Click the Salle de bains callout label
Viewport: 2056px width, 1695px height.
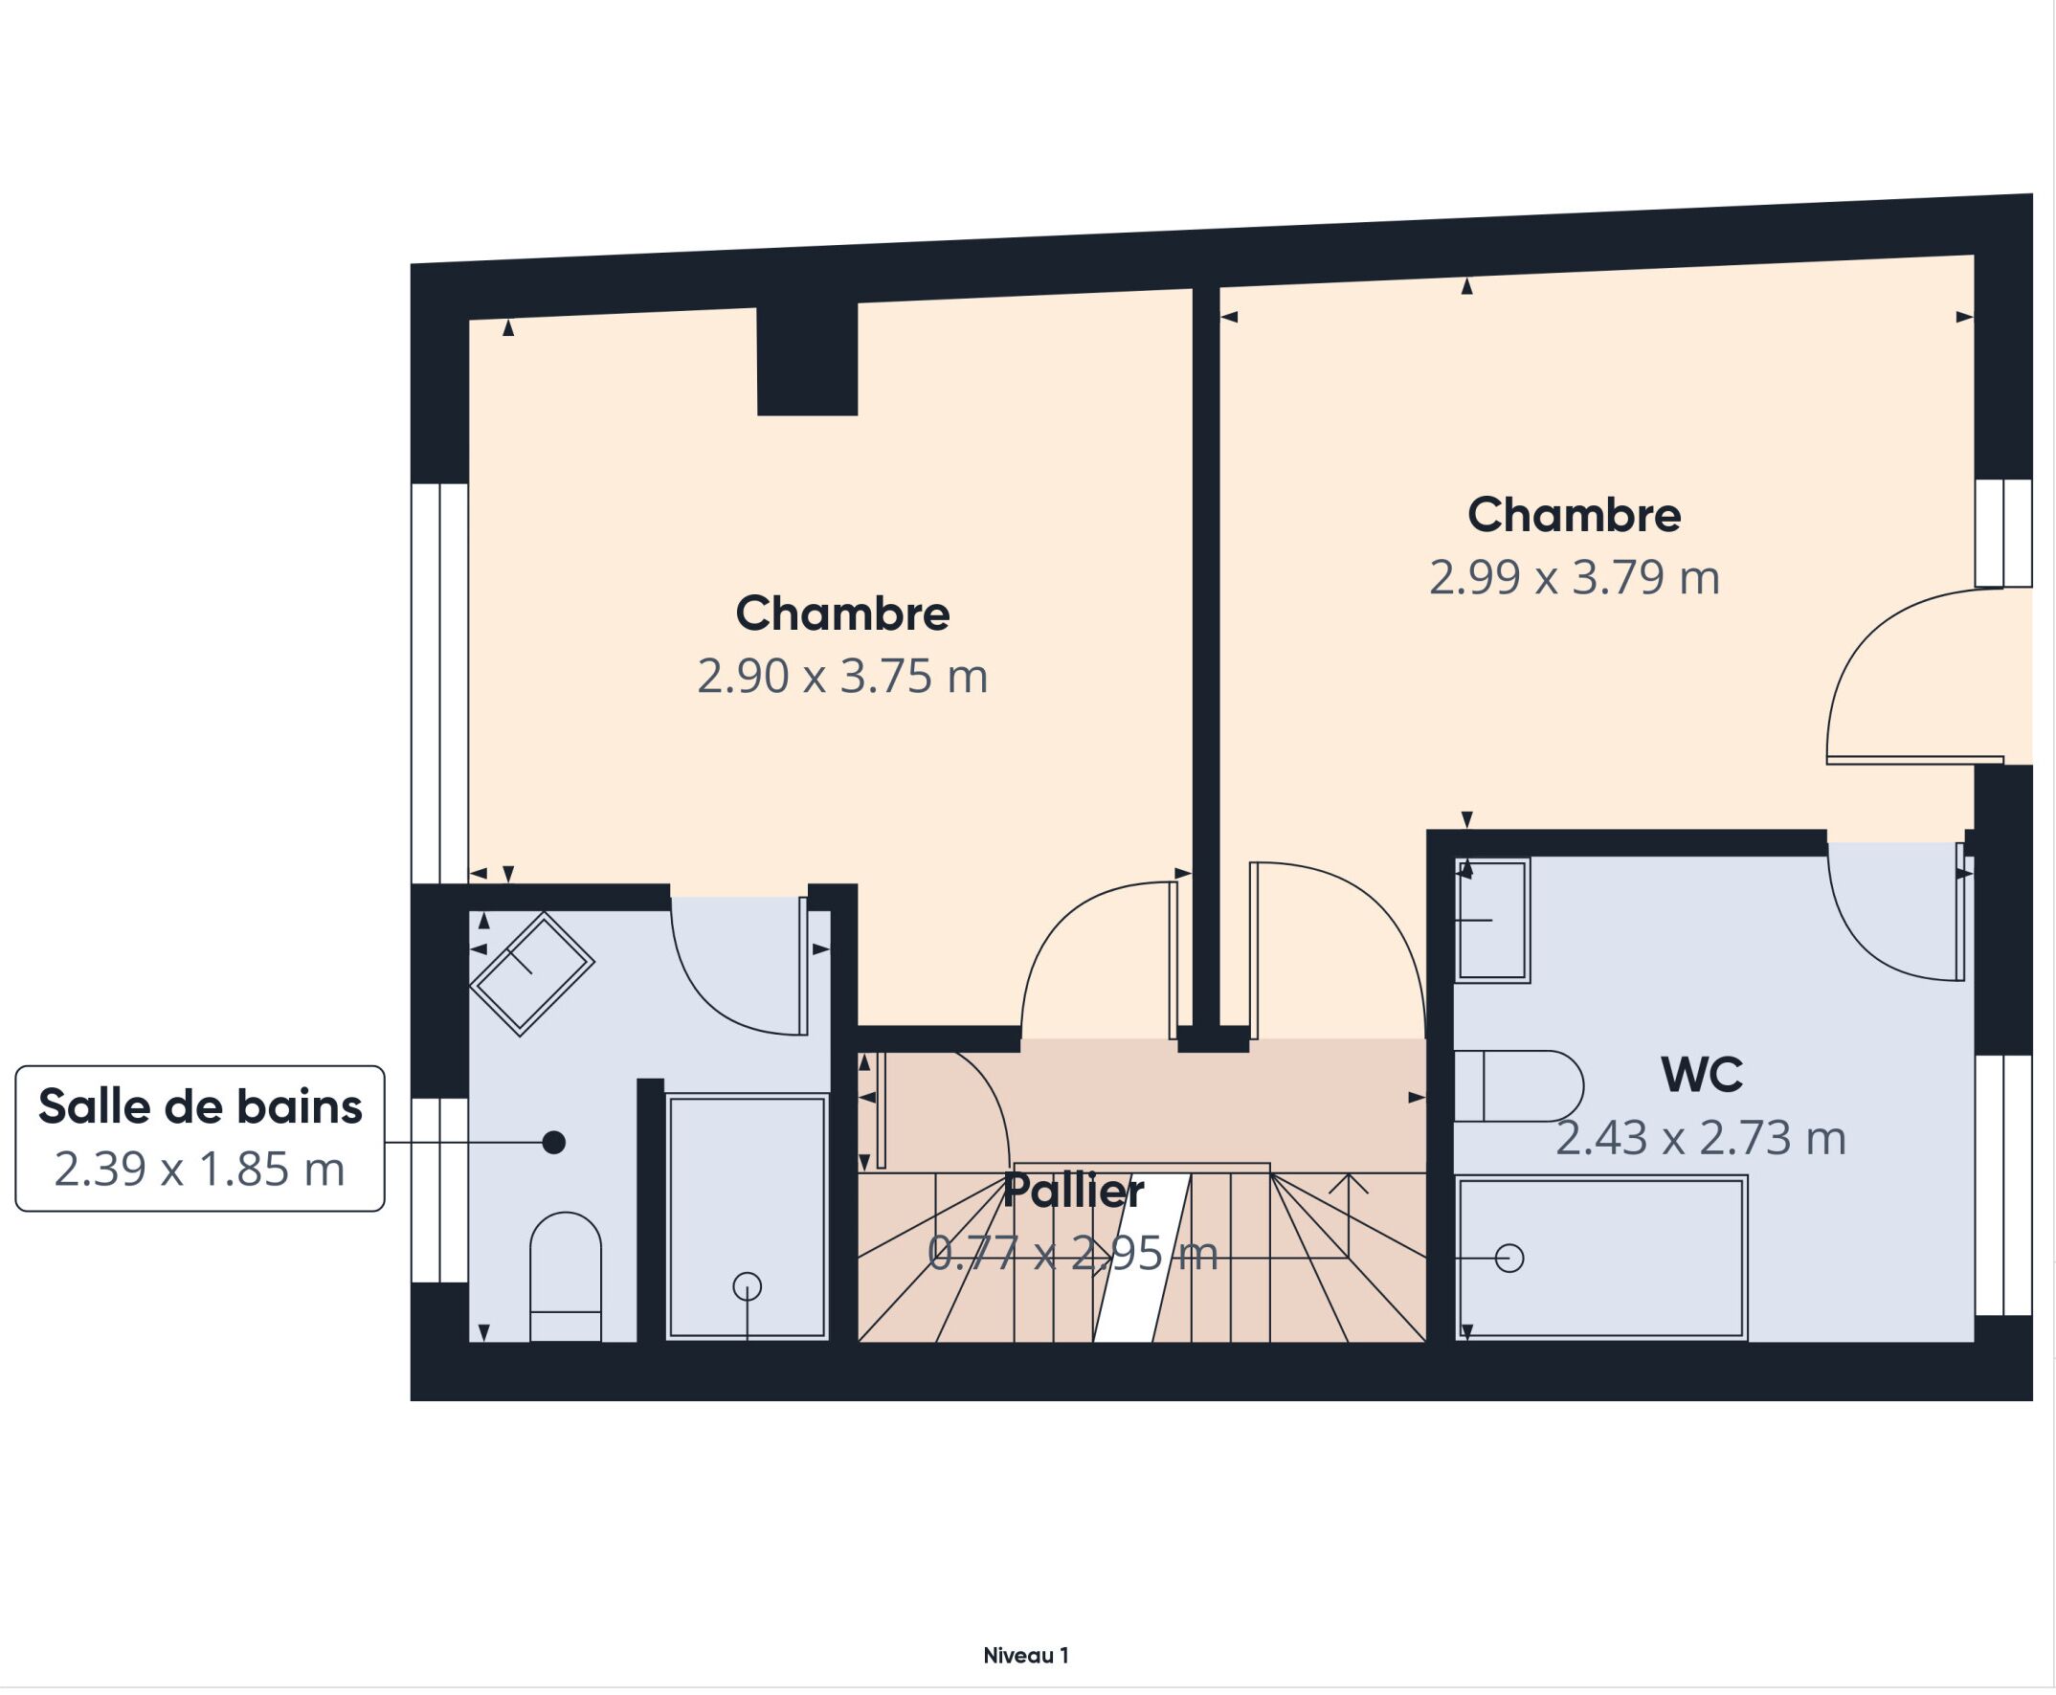tap(200, 1107)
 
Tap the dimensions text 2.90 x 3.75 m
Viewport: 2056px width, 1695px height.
tap(841, 677)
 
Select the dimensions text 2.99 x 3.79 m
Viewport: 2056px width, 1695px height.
tap(1574, 578)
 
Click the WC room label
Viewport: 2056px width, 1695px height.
tap(1701, 1075)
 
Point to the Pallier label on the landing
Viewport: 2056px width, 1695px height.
tap(1073, 1192)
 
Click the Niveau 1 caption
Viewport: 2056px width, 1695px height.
tap(1025, 1656)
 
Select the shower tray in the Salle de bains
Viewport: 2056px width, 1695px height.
tap(747, 1216)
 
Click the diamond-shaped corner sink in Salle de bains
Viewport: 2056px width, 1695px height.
tap(531, 973)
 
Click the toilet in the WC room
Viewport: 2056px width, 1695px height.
tap(1518, 1085)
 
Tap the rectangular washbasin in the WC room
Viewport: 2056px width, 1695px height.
tap(1491, 920)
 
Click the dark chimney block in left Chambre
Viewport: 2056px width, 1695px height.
tap(807, 358)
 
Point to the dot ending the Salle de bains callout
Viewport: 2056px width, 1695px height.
tap(553, 1143)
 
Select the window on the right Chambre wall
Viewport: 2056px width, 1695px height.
tap(2003, 533)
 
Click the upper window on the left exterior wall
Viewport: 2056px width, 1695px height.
tap(439, 682)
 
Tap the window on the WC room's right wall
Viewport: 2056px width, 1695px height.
tap(2003, 1184)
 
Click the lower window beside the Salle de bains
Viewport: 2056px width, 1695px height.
tap(439, 1190)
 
